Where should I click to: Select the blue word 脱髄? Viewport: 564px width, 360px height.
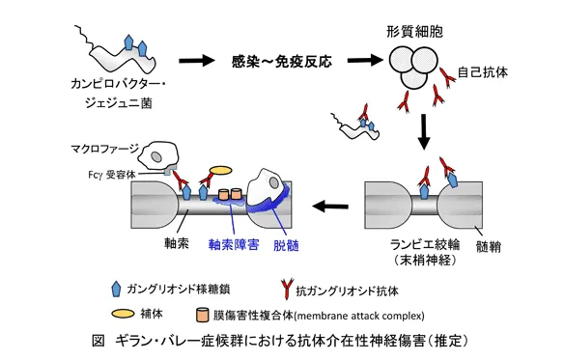coord(287,245)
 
